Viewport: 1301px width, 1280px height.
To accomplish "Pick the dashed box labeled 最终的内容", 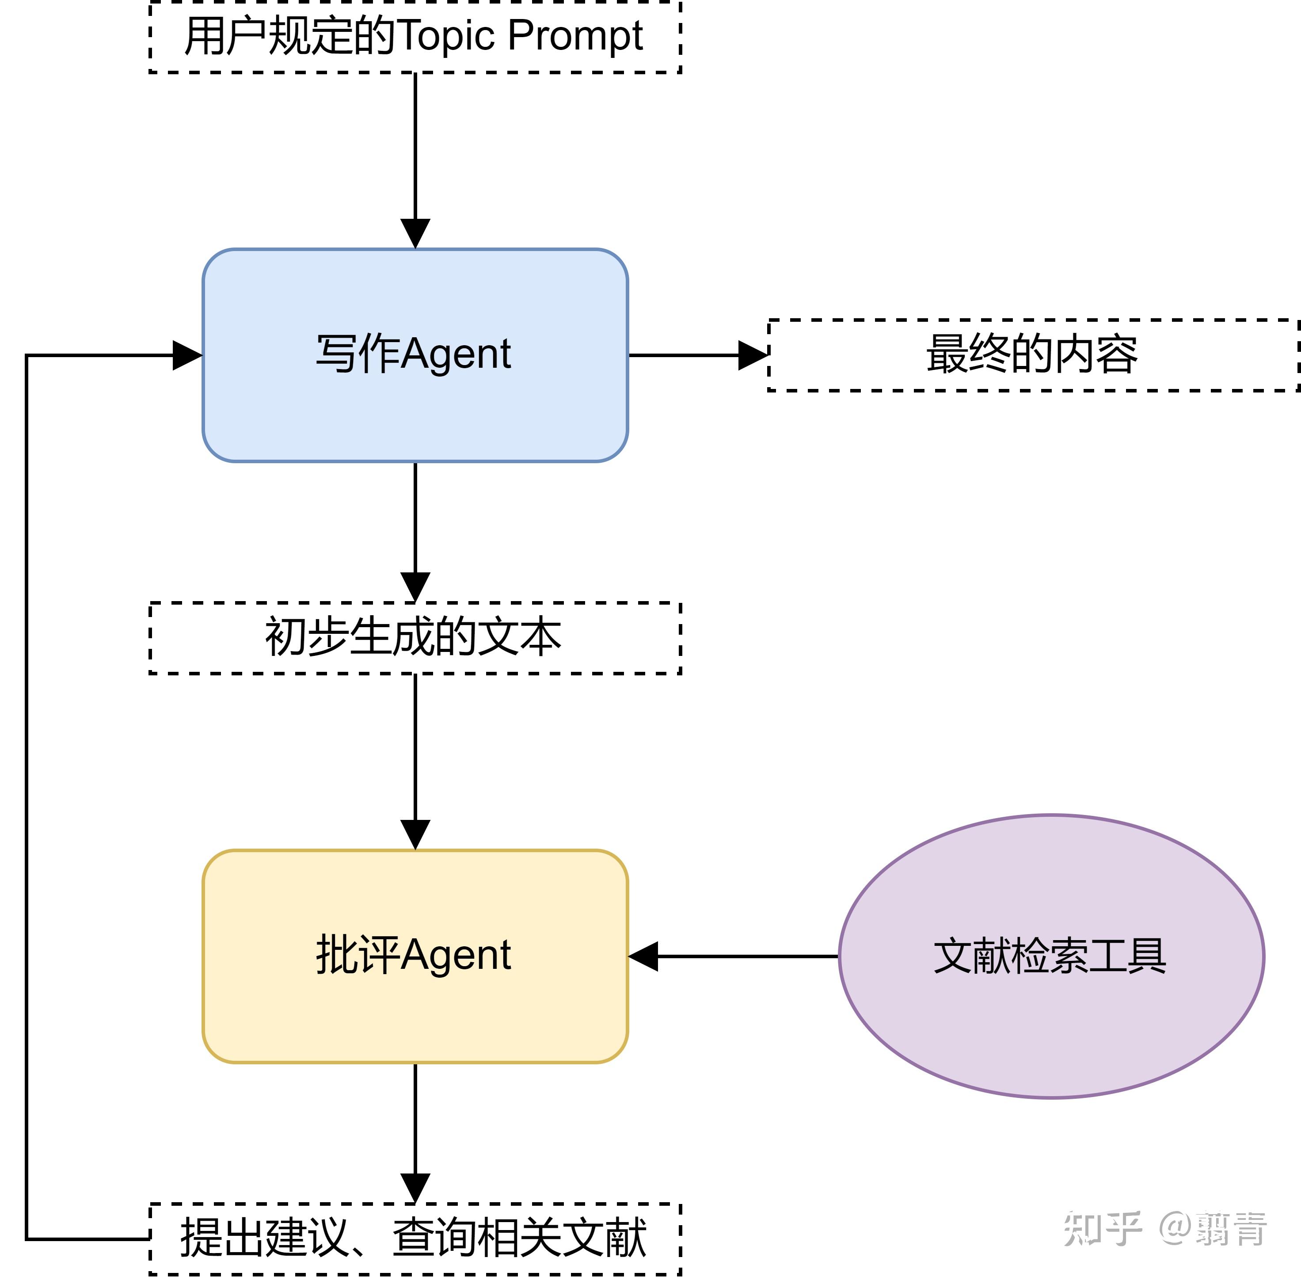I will click(1033, 354).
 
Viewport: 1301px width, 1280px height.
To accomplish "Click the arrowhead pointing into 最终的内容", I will click(753, 355).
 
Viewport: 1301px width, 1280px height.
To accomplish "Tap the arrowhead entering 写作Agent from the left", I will click(187, 355).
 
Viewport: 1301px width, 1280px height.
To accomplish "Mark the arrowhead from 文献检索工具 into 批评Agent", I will click(644, 956).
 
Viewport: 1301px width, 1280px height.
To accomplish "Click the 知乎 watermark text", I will click(1102, 1229).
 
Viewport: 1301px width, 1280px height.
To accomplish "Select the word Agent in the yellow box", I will click(456, 955).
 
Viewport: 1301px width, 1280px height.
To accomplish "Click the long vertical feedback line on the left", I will click(27, 793).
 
